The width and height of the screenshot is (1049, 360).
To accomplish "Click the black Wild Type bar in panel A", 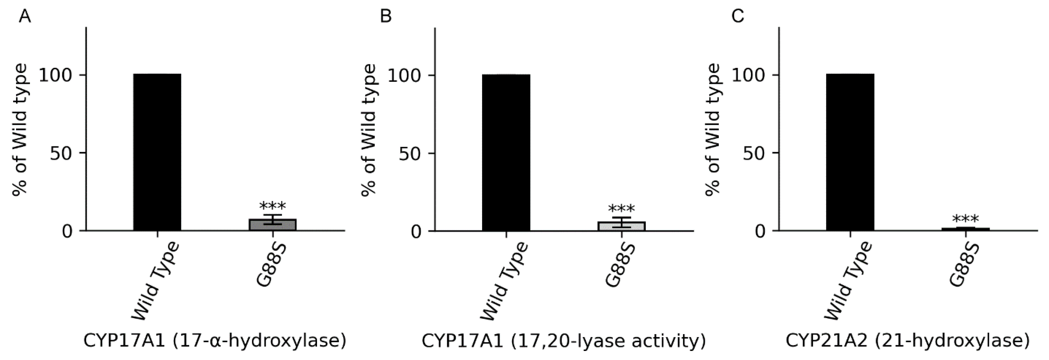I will click(157, 152).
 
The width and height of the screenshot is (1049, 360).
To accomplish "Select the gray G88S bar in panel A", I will click(273, 225).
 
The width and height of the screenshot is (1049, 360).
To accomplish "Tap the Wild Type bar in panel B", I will click(506, 153).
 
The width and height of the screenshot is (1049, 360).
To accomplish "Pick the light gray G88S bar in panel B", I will click(621, 226).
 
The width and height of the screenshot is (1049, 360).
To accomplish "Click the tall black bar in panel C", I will click(850, 152).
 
